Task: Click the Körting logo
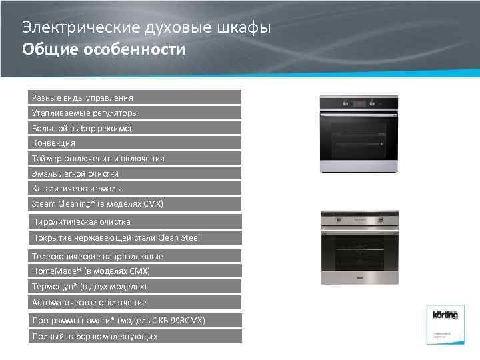click(x=445, y=315)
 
